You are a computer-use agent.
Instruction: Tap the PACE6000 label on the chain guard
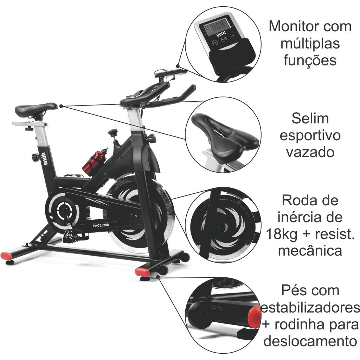pos(101,225)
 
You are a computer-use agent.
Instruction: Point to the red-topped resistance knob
pos(113,133)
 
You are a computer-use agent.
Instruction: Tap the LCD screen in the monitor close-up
pos(217,26)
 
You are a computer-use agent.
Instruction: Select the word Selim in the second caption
pos(310,119)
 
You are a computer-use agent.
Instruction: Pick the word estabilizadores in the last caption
pos(310,308)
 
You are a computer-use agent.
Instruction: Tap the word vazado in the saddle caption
pos(310,152)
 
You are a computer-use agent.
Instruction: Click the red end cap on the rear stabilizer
pos(6,256)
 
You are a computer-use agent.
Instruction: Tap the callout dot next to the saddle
pos(61,106)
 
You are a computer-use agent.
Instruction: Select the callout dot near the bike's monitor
pos(178,66)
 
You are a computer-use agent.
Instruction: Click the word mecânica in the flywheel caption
pos(310,251)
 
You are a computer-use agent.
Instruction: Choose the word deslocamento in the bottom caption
pos(310,341)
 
